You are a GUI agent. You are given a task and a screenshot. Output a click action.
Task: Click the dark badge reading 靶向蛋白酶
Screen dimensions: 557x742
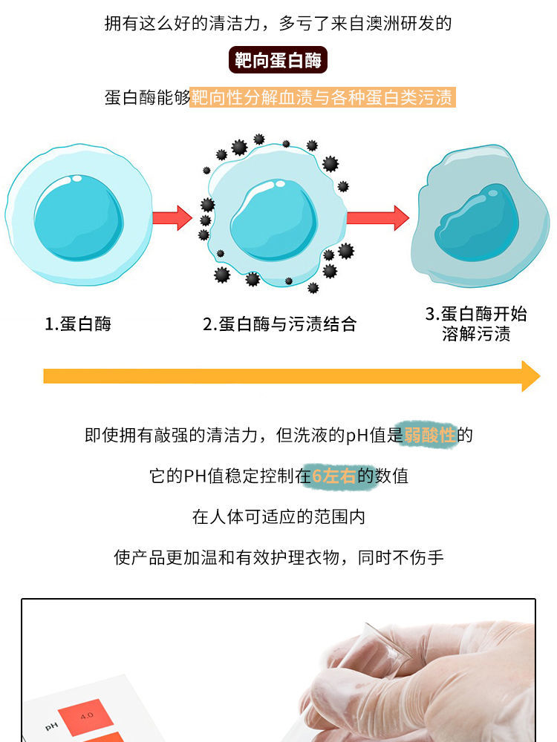(278, 60)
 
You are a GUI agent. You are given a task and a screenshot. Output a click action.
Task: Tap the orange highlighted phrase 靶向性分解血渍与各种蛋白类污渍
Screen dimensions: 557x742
(322, 97)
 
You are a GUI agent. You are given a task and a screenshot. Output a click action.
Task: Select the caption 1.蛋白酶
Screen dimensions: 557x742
(78, 324)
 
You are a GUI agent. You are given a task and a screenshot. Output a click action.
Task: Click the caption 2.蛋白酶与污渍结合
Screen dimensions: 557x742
(280, 324)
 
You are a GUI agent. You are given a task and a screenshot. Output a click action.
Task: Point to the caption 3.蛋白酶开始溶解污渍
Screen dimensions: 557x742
(476, 324)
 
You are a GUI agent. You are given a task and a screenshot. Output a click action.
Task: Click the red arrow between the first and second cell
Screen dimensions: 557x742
(172, 217)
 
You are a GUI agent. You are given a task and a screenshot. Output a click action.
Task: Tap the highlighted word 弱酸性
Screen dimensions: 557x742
(429, 435)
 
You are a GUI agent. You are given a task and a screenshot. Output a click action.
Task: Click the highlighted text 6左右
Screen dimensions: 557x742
(333, 476)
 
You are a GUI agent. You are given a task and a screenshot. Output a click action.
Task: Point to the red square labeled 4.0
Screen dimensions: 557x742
(87, 716)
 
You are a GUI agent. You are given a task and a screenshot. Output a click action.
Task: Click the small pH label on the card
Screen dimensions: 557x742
(51, 726)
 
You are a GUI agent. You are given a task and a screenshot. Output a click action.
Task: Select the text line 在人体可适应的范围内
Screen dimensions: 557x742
(278, 516)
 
